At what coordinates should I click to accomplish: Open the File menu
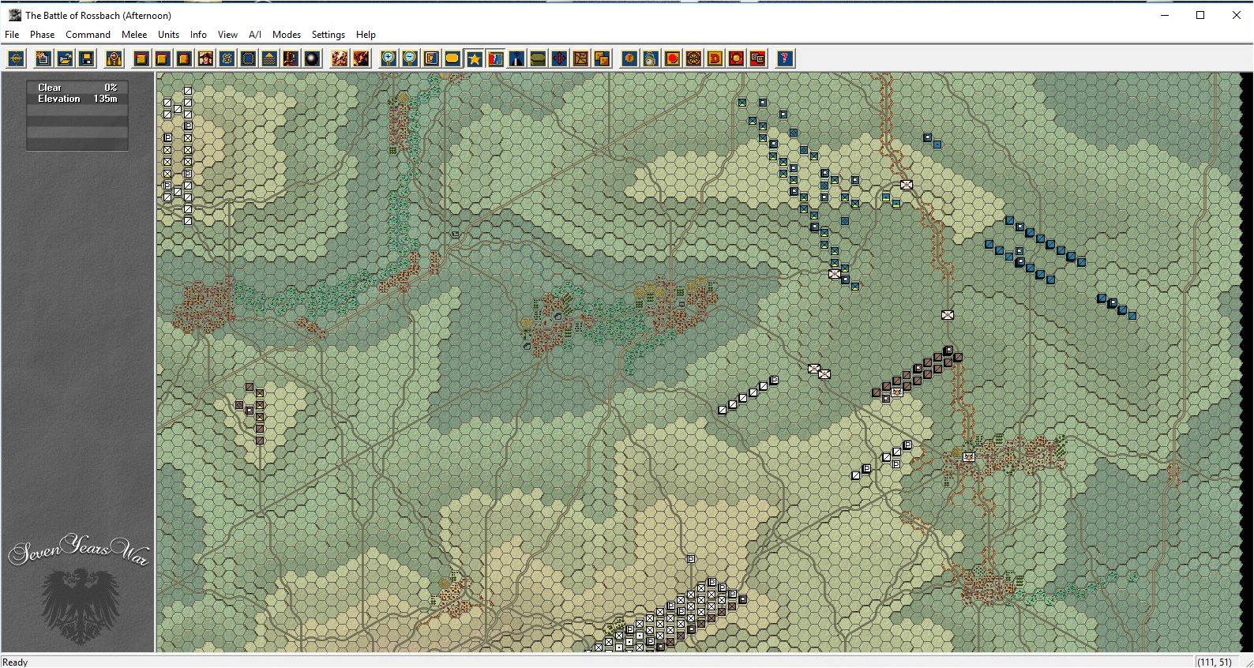click(x=12, y=35)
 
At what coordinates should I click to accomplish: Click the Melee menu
click(x=134, y=35)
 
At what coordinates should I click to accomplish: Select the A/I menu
click(x=255, y=35)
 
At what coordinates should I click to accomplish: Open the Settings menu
click(x=328, y=35)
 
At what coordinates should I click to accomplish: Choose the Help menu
click(x=366, y=35)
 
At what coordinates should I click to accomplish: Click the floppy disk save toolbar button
click(x=86, y=58)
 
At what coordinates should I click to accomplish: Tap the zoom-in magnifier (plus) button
click(x=389, y=58)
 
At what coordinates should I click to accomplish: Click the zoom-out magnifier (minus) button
click(x=410, y=58)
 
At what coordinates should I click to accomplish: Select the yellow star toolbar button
click(x=474, y=58)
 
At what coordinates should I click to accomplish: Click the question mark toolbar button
click(x=784, y=58)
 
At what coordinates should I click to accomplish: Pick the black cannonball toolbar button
click(x=312, y=58)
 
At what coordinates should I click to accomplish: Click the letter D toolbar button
click(x=715, y=58)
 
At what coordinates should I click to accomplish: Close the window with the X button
click(x=1236, y=15)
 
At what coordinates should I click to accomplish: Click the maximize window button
click(x=1200, y=15)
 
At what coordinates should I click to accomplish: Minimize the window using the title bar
click(x=1164, y=15)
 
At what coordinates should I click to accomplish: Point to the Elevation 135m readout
click(x=77, y=99)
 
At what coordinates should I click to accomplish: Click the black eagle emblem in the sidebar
click(x=79, y=604)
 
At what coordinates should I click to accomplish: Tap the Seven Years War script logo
click(x=78, y=550)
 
